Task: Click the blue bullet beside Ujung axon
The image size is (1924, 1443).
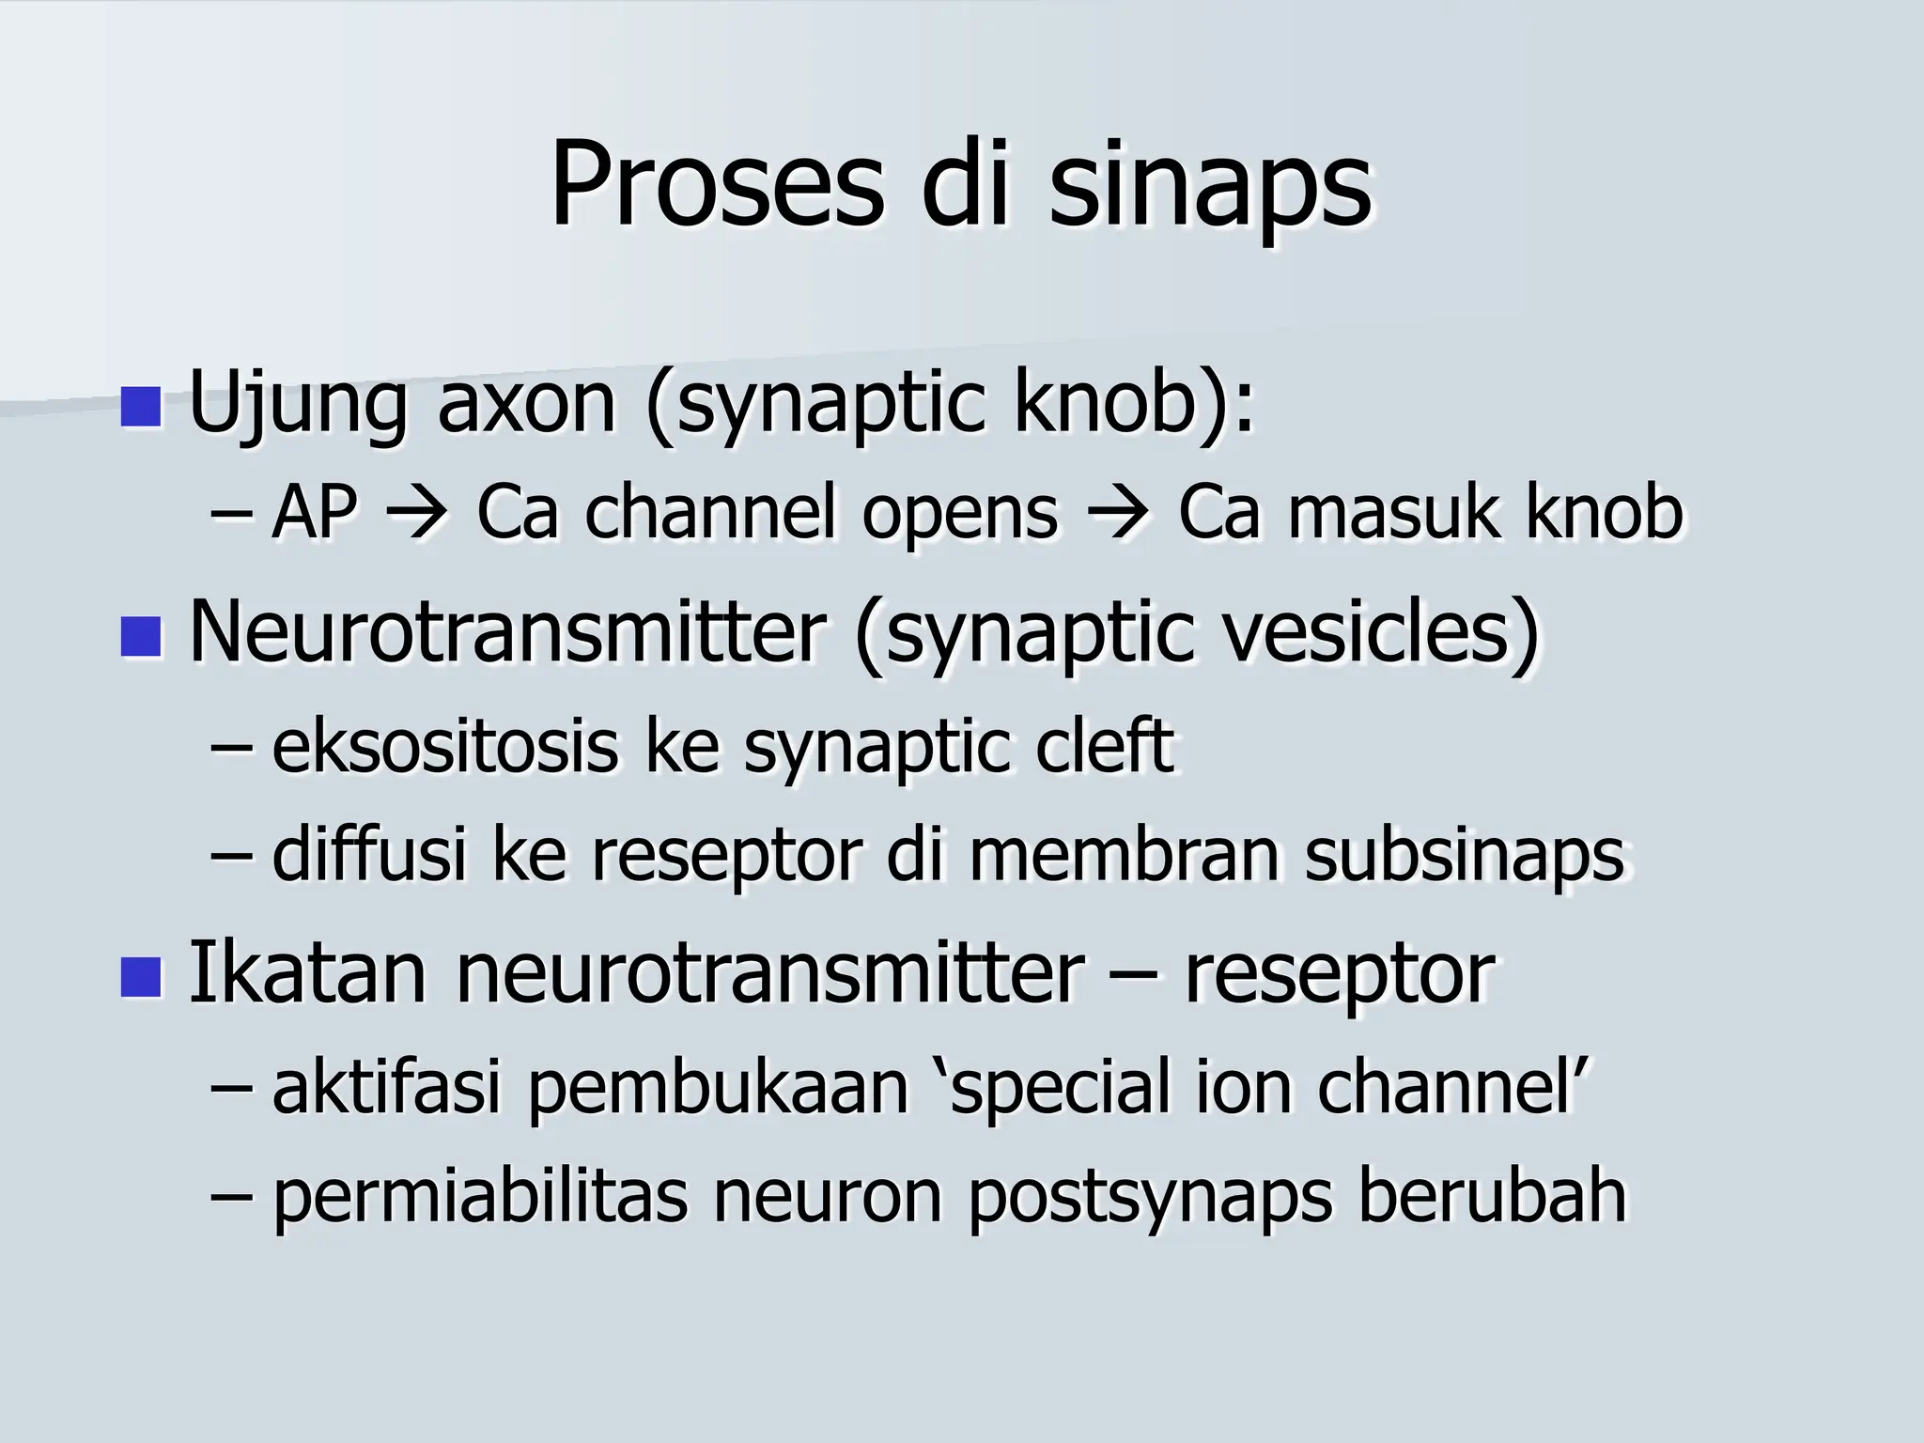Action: point(142,406)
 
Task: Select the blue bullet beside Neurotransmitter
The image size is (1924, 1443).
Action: point(142,636)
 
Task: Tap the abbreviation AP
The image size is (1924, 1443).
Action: point(314,514)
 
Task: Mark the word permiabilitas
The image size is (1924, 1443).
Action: point(479,1198)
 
